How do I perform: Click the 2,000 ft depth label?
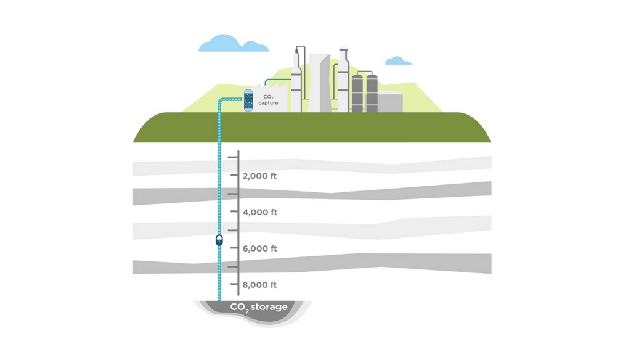click(x=259, y=176)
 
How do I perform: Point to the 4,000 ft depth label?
click(x=259, y=213)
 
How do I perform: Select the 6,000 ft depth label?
click(x=259, y=249)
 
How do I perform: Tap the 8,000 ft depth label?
click(x=259, y=285)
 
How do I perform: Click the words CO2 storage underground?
click(x=259, y=307)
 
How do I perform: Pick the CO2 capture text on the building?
click(x=268, y=100)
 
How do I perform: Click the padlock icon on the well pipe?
click(x=219, y=240)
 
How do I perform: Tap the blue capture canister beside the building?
click(x=248, y=100)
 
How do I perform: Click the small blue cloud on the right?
click(x=397, y=61)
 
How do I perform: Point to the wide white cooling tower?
click(x=319, y=83)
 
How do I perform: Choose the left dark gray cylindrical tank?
click(x=357, y=94)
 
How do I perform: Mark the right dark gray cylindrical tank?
click(x=372, y=94)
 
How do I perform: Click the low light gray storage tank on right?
click(x=390, y=102)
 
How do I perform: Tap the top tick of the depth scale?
click(x=233, y=157)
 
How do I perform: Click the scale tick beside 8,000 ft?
click(x=234, y=285)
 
